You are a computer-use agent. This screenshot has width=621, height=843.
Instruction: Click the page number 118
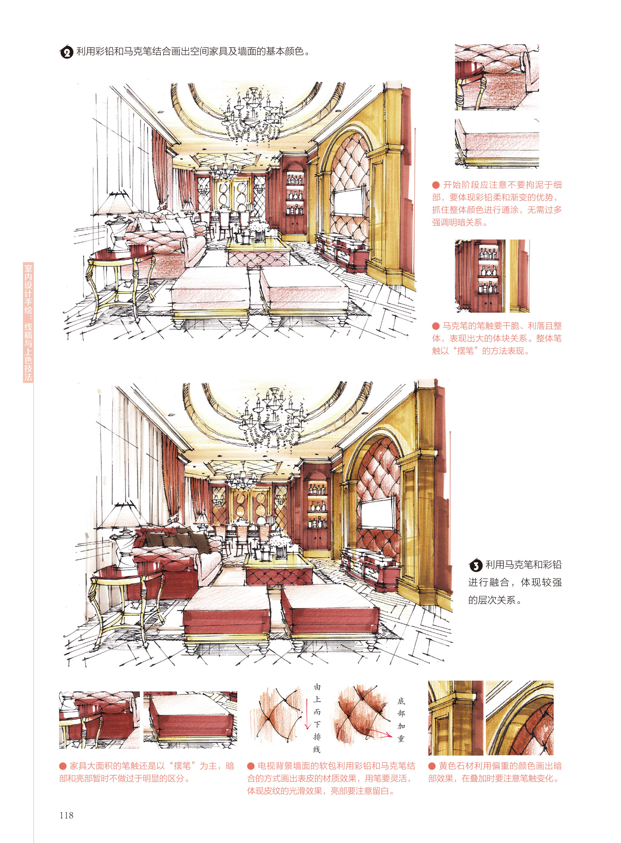(66, 815)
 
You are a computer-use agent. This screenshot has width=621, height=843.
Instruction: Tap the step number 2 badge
(66, 52)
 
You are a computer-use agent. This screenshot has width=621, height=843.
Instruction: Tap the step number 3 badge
(476, 565)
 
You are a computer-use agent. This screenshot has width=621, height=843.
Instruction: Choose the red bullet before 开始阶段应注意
(436, 185)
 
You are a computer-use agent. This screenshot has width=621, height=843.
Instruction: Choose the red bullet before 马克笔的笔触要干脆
(436, 326)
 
